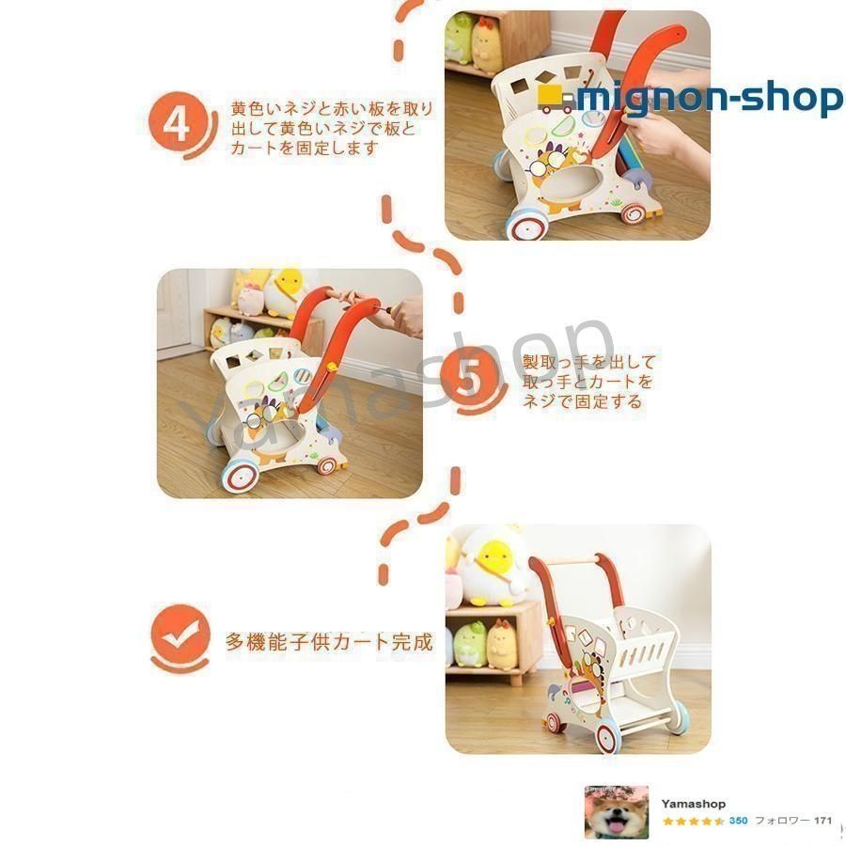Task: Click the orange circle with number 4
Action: [x=177, y=122]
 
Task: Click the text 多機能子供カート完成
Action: [x=329, y=642]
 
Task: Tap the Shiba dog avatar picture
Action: [x=617, y=812]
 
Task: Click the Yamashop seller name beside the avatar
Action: [x=694, y=804]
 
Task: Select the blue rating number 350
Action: [x=738, y=821]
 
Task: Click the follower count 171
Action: [x=822, y=821]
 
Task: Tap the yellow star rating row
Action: [x=694, y=822]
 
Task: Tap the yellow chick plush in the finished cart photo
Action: [x=492, y=567]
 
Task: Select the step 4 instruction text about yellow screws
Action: [x=331, y=128]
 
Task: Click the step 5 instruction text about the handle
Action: [x=588, y=382]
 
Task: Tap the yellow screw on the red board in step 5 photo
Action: [x=333, y=368]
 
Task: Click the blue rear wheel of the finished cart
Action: [x=681, y=720]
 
